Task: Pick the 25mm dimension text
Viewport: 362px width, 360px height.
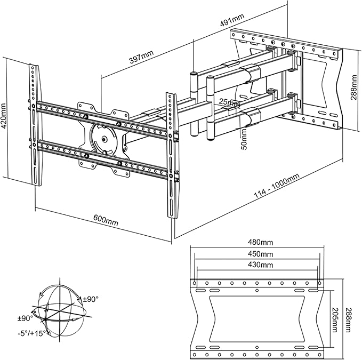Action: pyautogui.click(x=230, y=102)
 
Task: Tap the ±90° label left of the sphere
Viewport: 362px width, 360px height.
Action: pyautogui.click(x=26, y=318)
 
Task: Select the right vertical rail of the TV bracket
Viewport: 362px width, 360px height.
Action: pyautogui.click(x=172, y=155)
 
